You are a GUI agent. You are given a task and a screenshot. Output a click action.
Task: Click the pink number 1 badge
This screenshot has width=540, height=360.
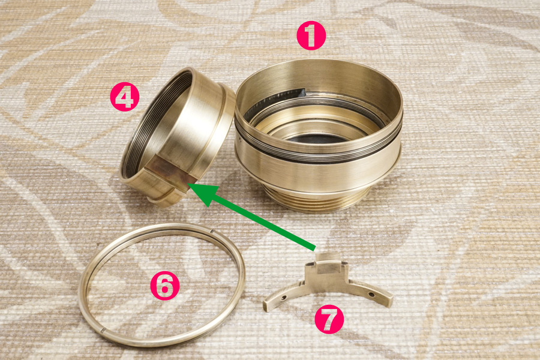pyautogui.click(x=311, y=35)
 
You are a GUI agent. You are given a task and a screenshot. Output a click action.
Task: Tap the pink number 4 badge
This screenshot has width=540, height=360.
pyautogui.click(x=125, y=97)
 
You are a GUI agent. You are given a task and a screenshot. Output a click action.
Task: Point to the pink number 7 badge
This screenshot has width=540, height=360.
pyautogui.click(x=329, y=319)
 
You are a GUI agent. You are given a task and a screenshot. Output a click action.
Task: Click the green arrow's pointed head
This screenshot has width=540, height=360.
pyautogui.click(x=189, y=186)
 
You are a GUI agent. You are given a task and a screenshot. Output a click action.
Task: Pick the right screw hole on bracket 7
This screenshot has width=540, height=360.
pyautogui.click(x=371, y=295)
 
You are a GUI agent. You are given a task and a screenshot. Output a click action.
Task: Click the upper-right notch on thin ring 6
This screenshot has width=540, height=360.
pyautogui.click(x=212, y=232)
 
